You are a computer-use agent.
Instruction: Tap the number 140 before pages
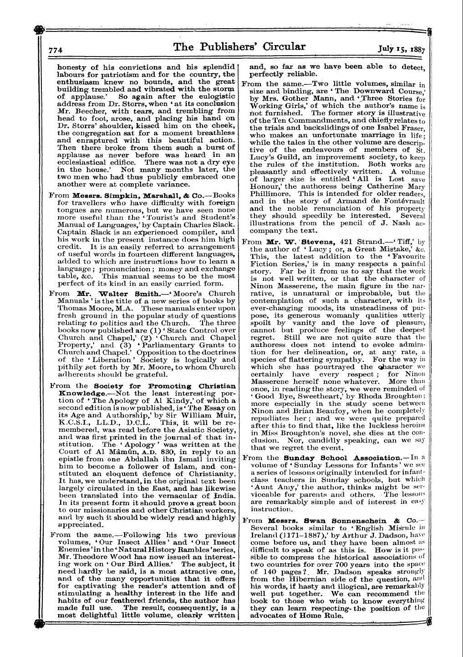click(x=270, y=572)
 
